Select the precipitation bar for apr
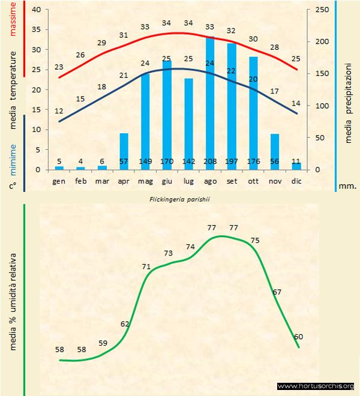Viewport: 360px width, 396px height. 124,151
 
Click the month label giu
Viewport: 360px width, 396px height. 167,180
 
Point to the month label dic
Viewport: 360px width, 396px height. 296,180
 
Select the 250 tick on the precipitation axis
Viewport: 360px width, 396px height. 322,10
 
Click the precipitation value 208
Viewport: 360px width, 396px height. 210,161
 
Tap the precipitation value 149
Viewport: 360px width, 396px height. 145,161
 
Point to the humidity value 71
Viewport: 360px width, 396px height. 146,266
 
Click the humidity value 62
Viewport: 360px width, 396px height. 125,324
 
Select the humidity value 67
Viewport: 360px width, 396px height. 277,292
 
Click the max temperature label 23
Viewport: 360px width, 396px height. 59,67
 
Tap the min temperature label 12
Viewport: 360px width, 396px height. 59,111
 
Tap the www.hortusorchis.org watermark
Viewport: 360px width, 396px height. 316,386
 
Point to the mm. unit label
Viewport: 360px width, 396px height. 347,186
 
